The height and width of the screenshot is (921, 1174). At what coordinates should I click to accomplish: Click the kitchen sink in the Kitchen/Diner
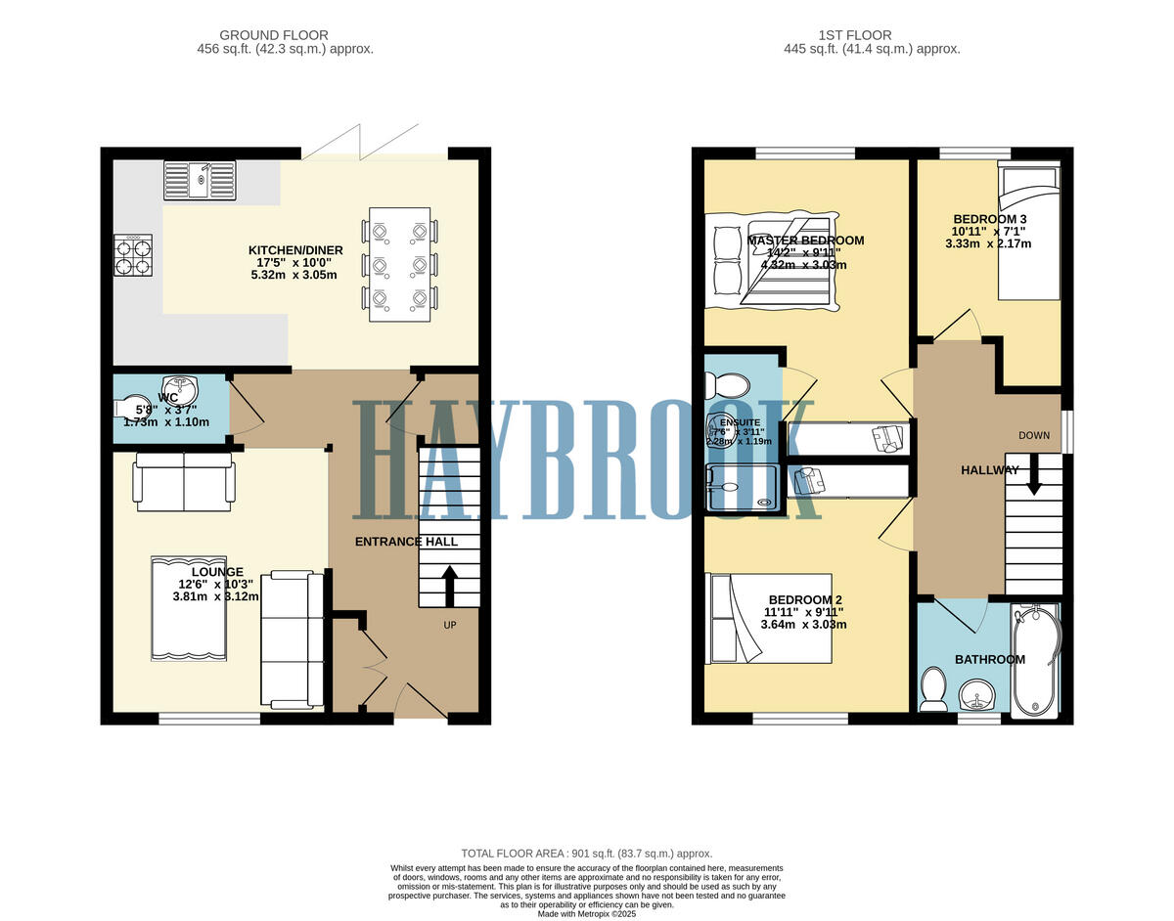(x=201, y=180)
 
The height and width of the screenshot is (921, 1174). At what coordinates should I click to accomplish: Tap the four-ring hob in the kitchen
(x=132, y=255)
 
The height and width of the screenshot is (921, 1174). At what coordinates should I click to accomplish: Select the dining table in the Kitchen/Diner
(x=399, y=264)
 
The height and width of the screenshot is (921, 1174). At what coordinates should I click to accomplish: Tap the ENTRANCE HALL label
(x=406, y=542)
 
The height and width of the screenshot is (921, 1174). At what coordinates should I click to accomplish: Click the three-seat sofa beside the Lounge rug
(x=292, y=639)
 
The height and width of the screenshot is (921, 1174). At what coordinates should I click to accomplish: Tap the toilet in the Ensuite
(x=728, y=384)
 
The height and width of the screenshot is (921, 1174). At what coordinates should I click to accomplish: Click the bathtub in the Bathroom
(x=1035, y=661)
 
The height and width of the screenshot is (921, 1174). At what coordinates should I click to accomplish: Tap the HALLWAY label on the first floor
(x=989, y=470)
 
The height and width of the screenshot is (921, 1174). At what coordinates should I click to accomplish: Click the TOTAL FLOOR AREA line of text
(x=586, y=854)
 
